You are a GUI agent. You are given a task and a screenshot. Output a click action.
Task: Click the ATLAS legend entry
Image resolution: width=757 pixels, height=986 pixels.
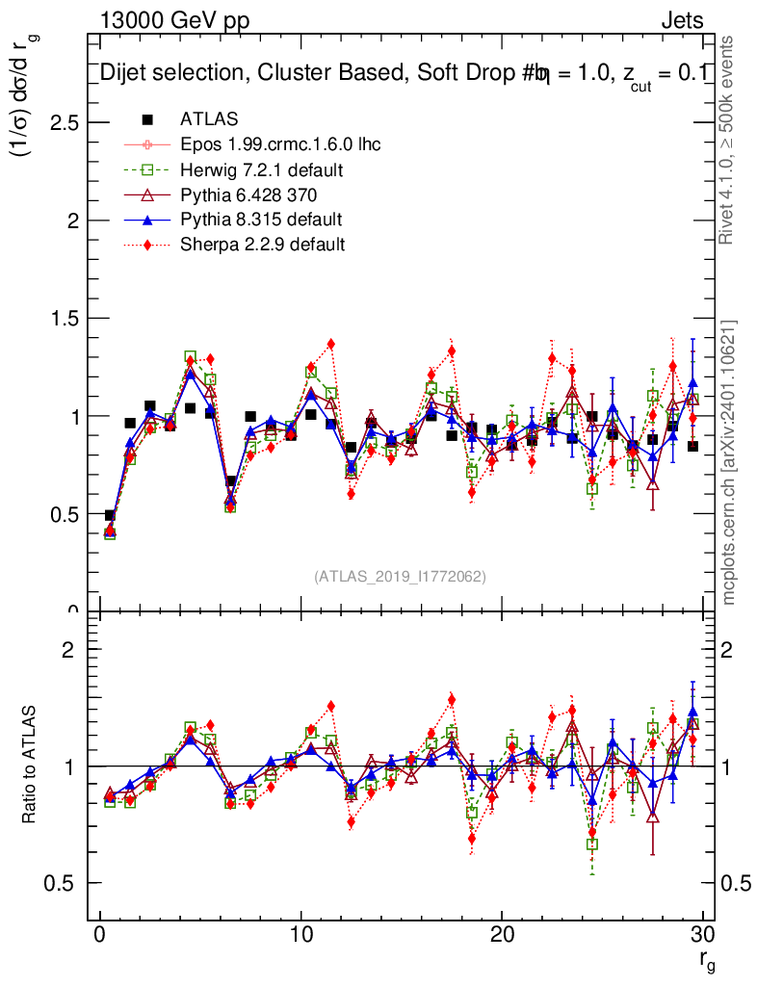click(209, 119)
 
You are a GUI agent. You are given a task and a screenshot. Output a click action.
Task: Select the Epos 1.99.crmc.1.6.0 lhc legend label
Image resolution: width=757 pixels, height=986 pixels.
click(280, 144)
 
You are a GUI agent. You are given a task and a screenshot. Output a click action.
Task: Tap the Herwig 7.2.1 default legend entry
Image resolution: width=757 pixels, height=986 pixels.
click(262, 169)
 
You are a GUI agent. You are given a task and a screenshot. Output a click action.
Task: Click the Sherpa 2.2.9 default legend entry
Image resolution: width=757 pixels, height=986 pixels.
click(262, 244)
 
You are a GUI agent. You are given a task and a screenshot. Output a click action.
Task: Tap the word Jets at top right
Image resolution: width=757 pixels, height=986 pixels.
click(681, 21)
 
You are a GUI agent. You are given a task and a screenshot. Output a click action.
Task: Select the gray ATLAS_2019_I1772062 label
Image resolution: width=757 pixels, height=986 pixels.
click(400, 576)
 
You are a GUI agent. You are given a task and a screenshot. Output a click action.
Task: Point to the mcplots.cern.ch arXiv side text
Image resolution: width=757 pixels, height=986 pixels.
click(729, 462)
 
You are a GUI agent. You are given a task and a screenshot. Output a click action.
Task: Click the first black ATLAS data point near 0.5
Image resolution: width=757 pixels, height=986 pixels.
click(110, 516)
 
